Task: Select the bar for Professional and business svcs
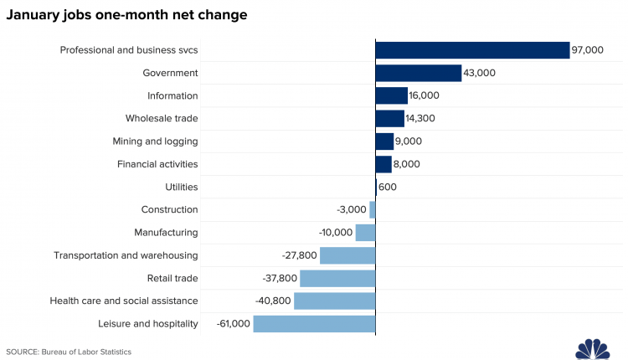click(x=472, y=50)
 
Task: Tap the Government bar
click(x=418, y=73)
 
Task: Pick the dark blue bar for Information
click(x=391, y=95)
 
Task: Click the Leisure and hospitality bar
click(x=314, y=324)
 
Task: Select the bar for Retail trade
click(x=337, y=278)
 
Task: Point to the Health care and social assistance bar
click(x=334, y=301)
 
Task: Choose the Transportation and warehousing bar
click(x=347, y=255)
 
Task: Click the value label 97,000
click(x=587, y=50)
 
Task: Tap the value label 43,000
click(x=480, y=73)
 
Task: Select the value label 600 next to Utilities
click(x=388, y=187)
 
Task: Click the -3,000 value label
click(x=351, y=209)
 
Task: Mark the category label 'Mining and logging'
click(x=155, y=141)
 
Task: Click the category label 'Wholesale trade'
click(x=162, y=119)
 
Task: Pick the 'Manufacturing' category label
click(x=166, y=233)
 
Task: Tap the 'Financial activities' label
click(x=157, y=164)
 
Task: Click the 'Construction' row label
click(x=169, y=209)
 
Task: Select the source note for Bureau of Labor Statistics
click(x=69, y=352)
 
